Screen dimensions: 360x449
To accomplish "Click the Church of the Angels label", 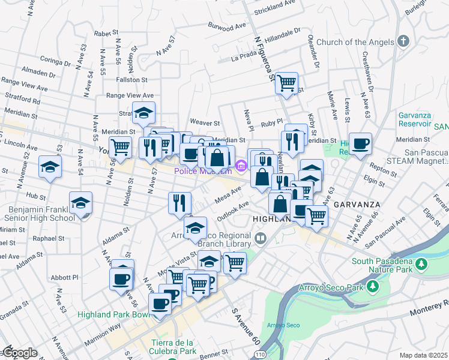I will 355,42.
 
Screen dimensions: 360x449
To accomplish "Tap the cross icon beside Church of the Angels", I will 403,41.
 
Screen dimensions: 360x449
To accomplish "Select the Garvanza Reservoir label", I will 415,118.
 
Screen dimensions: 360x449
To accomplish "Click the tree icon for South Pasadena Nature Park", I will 421,264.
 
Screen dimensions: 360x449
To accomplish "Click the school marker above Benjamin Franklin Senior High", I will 80,203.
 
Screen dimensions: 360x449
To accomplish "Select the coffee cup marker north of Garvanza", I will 361,143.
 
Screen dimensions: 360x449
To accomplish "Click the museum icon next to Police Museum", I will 240,165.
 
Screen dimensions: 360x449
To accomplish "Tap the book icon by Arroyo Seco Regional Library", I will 261,239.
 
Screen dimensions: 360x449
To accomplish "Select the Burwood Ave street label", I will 228,26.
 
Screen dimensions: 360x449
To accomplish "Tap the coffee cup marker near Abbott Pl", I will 121,279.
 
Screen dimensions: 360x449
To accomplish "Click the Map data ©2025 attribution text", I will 424,355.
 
